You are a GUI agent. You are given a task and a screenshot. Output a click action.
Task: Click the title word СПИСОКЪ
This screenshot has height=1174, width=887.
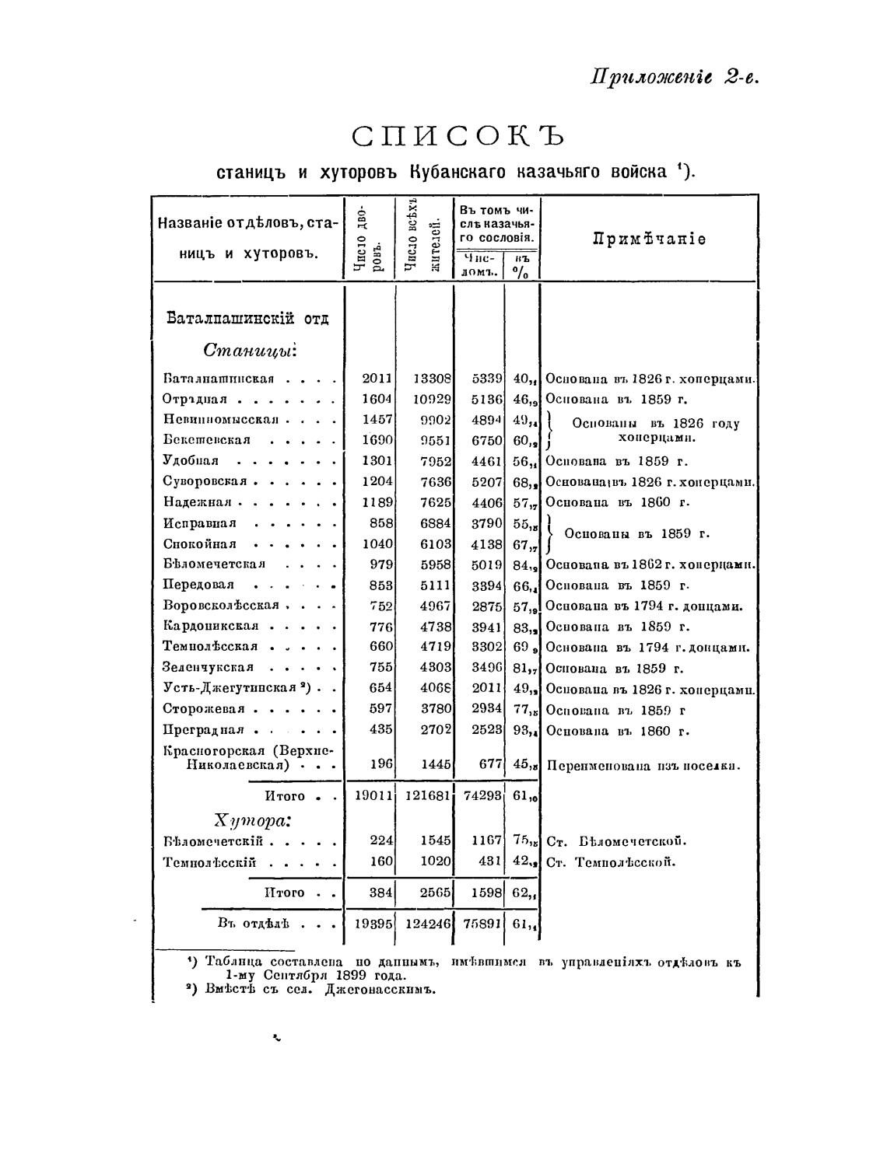tap(457, 137)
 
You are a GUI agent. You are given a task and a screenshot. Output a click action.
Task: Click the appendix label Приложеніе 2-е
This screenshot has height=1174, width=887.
tap(674, 78)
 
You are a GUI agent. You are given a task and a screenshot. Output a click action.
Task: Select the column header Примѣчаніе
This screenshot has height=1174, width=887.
tap(650, 239)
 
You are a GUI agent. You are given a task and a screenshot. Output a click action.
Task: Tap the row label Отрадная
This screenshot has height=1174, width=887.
tap(195, 400)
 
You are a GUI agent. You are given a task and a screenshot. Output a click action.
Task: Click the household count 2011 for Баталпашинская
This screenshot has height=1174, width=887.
tap(377, 379)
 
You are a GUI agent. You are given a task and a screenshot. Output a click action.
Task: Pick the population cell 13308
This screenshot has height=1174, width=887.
tap(432, 379)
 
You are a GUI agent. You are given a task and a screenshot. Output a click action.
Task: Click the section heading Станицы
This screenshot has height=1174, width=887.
tap(250, 351)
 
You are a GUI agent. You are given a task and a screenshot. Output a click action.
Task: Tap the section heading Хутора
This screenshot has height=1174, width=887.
tap(252, 821)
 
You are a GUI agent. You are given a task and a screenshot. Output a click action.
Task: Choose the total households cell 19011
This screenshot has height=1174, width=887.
tap(373, 796)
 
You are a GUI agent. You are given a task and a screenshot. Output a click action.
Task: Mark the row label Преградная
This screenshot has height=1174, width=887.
tap(203, 730)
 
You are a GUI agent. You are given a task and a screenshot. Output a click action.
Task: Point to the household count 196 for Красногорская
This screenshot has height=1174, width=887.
tap(381, 764)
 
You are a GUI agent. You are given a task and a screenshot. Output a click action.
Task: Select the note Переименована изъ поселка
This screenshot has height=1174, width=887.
tap(643, 766)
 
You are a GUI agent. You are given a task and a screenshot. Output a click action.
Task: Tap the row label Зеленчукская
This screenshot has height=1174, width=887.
tap(208, 667)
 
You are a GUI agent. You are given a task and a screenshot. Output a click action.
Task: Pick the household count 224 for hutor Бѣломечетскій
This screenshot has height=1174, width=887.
tap(381, 841)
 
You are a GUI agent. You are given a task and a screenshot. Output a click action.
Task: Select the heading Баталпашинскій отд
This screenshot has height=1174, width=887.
tap(247, 319)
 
